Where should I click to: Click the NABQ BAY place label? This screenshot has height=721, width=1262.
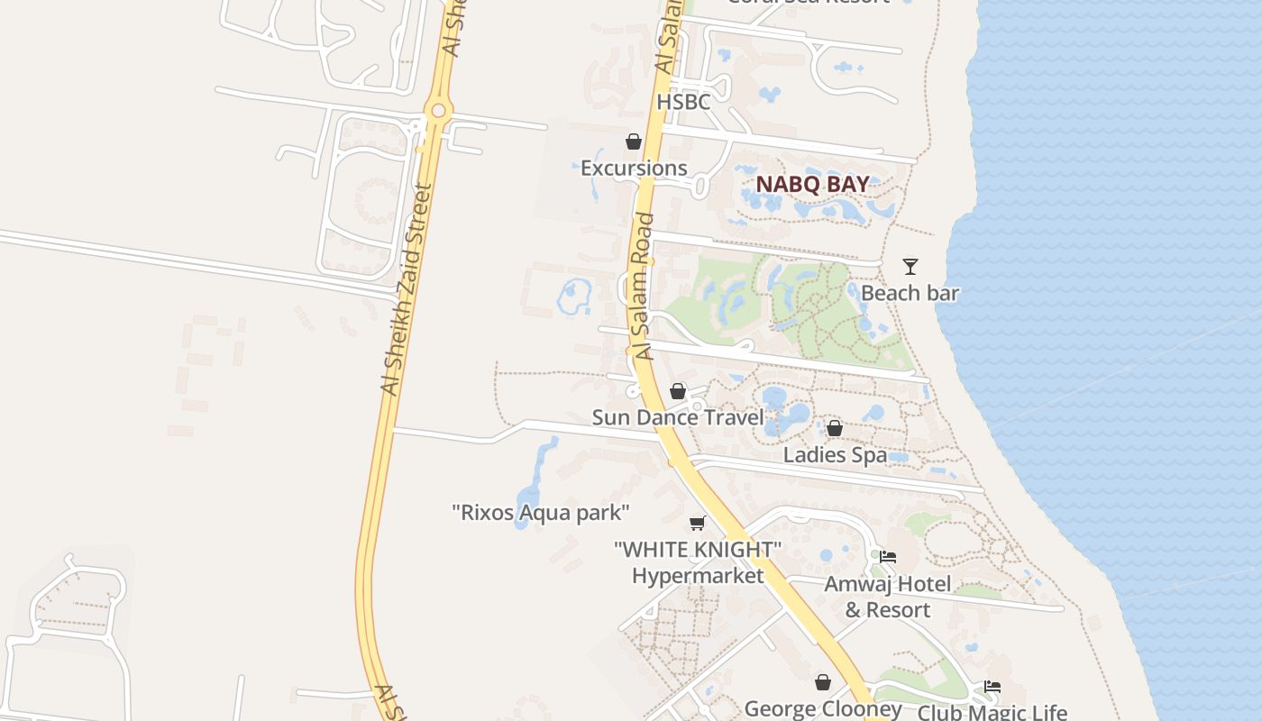(812, 184)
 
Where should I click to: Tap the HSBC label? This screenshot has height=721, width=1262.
(683, 102)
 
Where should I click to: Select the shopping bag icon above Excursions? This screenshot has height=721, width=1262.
(634, 141)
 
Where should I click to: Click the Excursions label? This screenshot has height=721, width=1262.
(634, 168)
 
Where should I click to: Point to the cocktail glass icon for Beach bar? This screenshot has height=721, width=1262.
(910, 267)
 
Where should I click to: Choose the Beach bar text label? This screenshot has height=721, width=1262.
(910, 293)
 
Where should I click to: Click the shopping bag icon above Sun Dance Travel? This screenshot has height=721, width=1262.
(678, 391)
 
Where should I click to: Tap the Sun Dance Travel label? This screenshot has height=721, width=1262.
(678, 417)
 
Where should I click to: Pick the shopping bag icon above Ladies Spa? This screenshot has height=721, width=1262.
(835, 428)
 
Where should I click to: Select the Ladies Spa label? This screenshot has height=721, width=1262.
(835, 455)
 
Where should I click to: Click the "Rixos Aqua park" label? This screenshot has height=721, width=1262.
(540, 513)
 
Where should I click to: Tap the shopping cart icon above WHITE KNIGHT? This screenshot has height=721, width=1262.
(697, 524)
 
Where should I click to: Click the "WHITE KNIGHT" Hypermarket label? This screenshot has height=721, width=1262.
(697, 562)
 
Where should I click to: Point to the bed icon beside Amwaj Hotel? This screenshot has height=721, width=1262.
(888, 557)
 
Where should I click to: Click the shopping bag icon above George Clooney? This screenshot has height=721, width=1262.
(822, 682)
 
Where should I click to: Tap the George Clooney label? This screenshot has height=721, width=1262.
(822, 708)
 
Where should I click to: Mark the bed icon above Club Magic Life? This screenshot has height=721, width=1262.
(992, 687)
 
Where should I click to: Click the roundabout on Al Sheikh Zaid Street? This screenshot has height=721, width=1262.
(439, 111)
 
